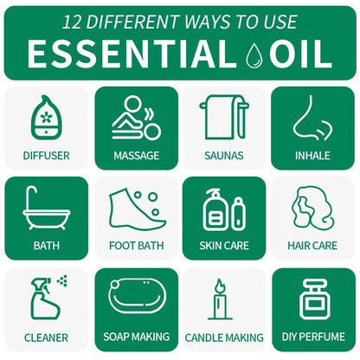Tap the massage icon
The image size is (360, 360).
click(136, 118)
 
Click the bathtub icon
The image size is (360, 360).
click(47, 209)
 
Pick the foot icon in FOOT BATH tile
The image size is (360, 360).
click(136, 209)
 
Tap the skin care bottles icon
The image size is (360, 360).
click(224, 210)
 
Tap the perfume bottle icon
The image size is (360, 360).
click(312, 299)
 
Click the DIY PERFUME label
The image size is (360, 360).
click(312, 336)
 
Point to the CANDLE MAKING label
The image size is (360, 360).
click(224, 336)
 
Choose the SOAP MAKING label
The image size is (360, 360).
click(136, 336)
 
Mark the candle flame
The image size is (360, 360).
click(220, 286)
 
